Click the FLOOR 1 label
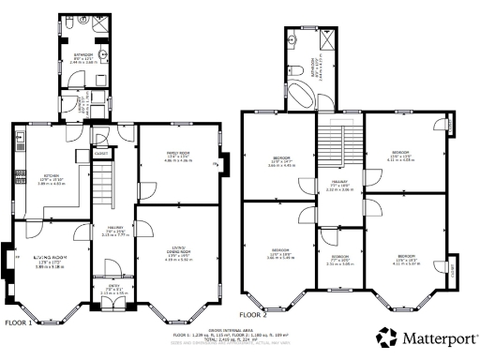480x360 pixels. pyautogui.click(x=19, y=322)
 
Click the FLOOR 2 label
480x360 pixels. pyautogui.click(x=253, y=315)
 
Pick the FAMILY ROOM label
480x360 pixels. pyautogui.click(x=178, y=155)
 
